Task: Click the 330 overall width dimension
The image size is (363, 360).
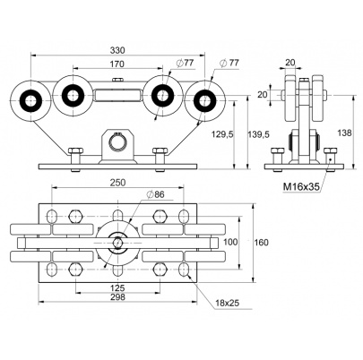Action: pos(117,50)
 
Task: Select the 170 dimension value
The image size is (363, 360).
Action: pos(117,64)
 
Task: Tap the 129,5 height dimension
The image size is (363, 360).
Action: pos(222,134)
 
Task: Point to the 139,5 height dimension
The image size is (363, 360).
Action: pos(258,134)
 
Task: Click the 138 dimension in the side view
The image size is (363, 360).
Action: pos(344,133)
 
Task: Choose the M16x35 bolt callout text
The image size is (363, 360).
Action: pos(301,187)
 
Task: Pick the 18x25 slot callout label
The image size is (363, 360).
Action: pos(228,304)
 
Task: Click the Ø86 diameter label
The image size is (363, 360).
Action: pos(155,194)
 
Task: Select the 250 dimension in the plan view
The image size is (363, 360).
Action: pos(117,183)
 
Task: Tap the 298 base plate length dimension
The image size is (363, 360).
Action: pos(117,297)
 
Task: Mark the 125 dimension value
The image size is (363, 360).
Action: pos(117,288)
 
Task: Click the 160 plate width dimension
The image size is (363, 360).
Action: pos(262,243)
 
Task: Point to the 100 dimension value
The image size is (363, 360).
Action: pos(230,242)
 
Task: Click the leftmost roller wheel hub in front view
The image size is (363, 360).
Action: pos(30,100)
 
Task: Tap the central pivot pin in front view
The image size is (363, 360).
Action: pos(118,140)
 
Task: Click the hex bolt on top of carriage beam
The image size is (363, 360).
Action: pos(118,80)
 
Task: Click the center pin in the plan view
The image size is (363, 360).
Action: pos(117,243)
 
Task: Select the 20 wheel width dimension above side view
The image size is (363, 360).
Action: pos(290,63)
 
